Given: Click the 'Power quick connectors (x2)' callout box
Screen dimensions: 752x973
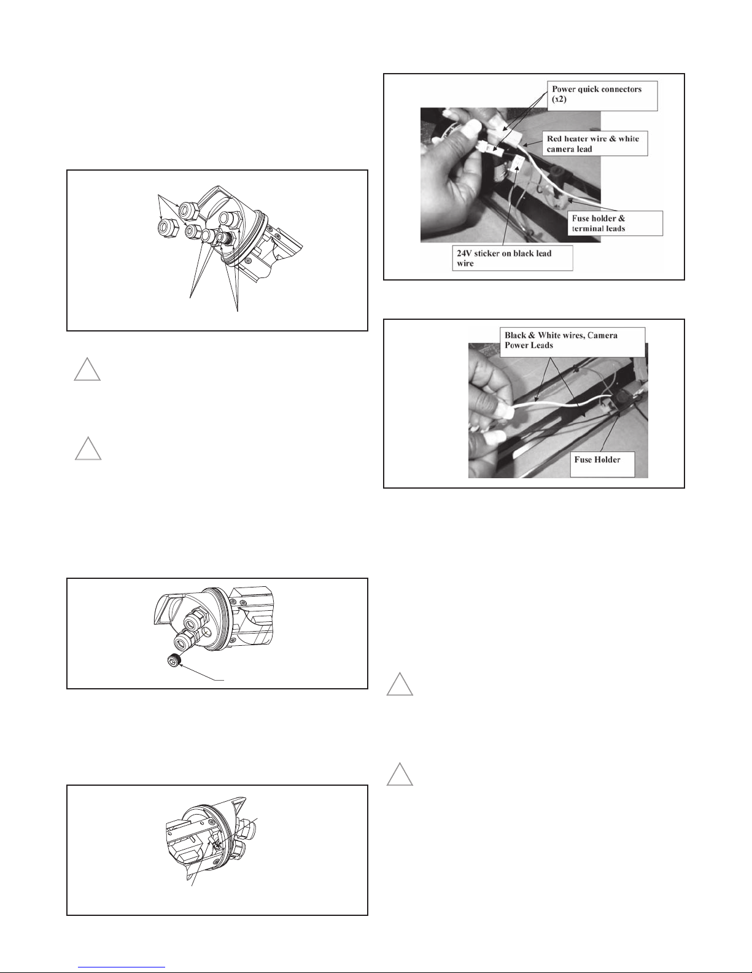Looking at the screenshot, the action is tap(602, 95).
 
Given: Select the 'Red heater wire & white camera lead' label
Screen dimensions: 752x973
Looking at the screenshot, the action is tap(594, 143).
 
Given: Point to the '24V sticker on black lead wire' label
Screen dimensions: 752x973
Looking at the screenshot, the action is tap(512, 258).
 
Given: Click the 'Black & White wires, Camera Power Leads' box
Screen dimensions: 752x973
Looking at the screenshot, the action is tap(573, 342).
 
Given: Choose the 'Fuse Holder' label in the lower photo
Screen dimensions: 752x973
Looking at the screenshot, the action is tap(602, 464).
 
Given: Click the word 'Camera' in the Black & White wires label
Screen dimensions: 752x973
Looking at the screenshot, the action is tap(602, 335).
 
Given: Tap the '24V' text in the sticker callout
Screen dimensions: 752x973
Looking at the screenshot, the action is tap(463, 253).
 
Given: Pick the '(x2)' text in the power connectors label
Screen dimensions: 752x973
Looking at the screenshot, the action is tap(559, 99).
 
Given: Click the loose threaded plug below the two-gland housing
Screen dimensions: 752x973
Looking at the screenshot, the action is tap(174, 660).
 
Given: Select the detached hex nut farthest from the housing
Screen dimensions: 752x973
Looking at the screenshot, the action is tap(168, 228).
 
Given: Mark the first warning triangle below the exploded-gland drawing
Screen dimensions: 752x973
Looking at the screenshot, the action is tap(87, 370).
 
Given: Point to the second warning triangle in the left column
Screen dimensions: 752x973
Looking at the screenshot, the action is tap(88, 449).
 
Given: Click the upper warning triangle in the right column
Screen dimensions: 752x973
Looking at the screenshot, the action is tap(400, 684).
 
